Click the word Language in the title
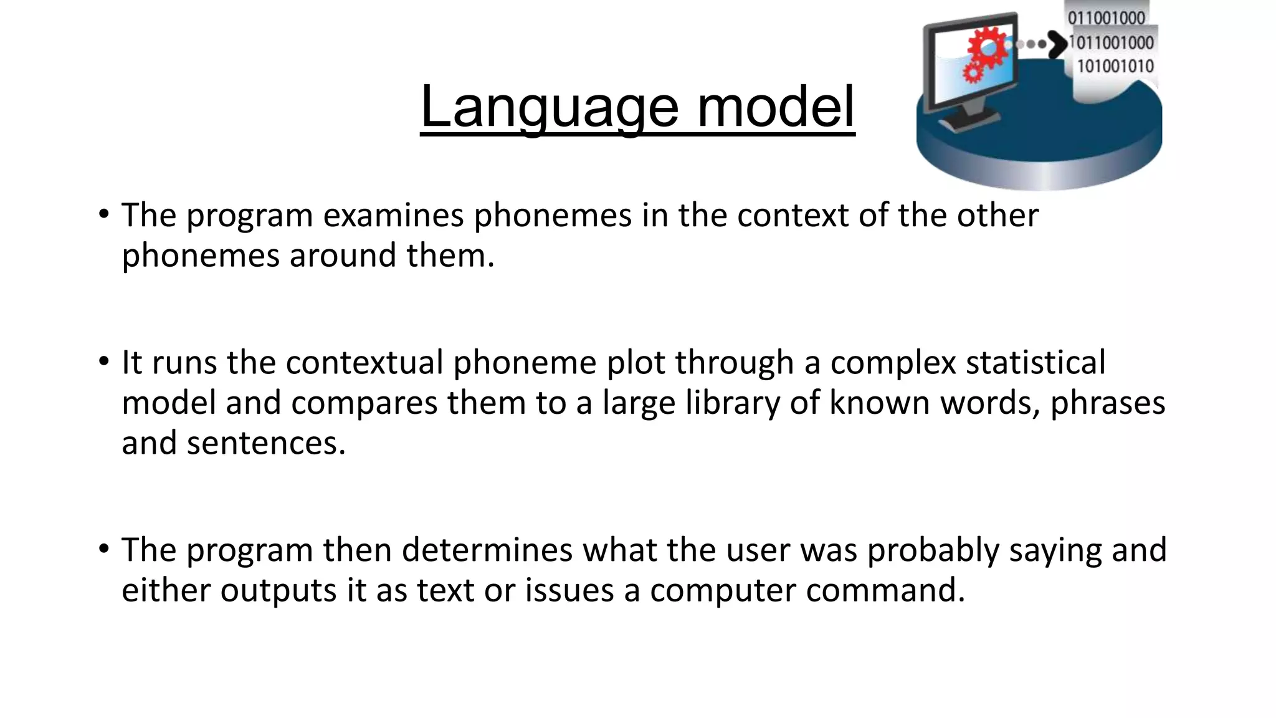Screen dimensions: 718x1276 (549, 107)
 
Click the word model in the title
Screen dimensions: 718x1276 (775, 107)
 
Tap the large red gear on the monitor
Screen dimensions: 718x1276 (986, 47)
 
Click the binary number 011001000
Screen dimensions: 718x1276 (1107, 17)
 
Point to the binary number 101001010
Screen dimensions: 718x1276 (1115, 66)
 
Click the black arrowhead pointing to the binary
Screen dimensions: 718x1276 (1057, 44)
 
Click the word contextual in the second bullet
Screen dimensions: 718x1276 (364, 363)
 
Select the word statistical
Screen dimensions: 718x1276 (1035, 363)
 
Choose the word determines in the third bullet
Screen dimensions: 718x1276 (487, 550)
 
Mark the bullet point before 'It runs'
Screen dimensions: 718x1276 (103, 362)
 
